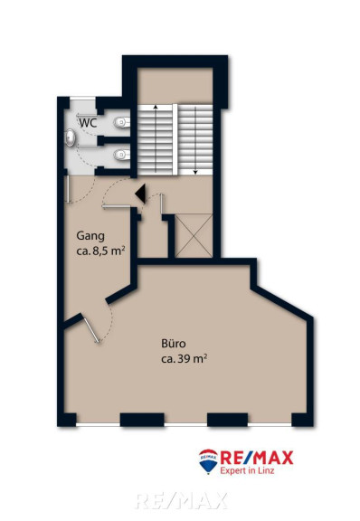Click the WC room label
(x=88, y=123)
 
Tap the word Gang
(x=90, y=236)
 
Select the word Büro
(x=173, y=343)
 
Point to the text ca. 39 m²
(x=185, y=359)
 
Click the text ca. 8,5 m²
(x=100, y=251)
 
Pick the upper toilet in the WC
(x=122, y=123)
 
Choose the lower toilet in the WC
(x=122, y=155)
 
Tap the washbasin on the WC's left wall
(x=71, y=137)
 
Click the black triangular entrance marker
(x=140, y=194)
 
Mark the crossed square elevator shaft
(x=194, y=235)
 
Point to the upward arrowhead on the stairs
(x=156, y=107)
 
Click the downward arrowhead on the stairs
(x=195, y=172)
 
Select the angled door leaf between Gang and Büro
(x=91, y=330)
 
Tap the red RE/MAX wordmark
(x=257, y=458)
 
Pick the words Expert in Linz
(x=247, y=471)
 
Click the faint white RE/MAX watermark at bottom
(x=181, y=501)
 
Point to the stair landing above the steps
(x=175, y=86)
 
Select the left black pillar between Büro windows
(x=142, y=420)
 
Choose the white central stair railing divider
(x=175, y=139)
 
